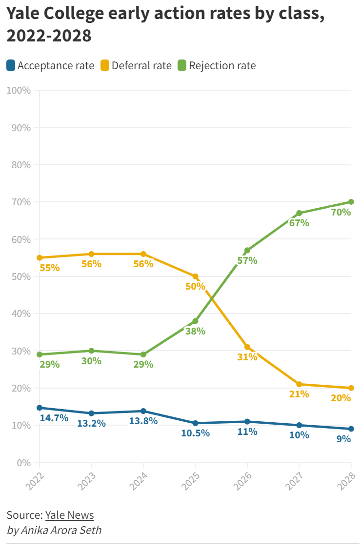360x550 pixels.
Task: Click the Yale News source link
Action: (x=69, y=515)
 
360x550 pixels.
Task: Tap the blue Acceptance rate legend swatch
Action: (x=11, y=65)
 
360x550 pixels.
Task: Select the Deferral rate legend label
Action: (x=141, y=65)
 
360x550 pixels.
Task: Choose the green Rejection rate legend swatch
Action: (x=182, y=65)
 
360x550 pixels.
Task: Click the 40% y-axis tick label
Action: (x=21, y=314)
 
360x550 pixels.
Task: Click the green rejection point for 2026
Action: (x=247, y=251)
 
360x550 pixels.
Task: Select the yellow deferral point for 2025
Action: (x=196, y=276)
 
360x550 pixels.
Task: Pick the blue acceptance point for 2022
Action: (x=40, y=408)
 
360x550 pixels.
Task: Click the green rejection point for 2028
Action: (x=351, y=202)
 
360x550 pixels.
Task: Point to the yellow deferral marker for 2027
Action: (x=299, y=384)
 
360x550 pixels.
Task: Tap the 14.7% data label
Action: (x=54, y=418)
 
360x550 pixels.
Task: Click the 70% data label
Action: (x=341, y=212)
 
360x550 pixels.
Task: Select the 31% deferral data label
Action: (x=247, y=357)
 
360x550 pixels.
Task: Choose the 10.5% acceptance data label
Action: (x=195, y=433)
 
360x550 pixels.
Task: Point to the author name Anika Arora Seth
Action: (x=61, y=530)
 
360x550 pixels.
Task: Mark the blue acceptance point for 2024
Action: (x=143, y=411)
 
